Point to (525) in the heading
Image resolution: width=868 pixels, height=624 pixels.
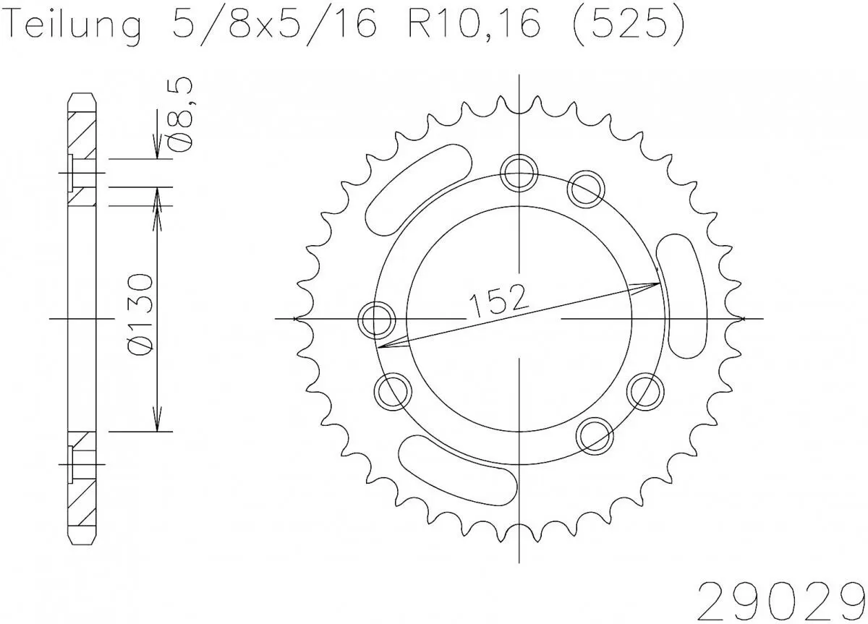coord(622,27)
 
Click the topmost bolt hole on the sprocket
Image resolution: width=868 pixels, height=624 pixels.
coord(520,172)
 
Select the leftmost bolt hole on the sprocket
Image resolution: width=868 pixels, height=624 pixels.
coord(377,318)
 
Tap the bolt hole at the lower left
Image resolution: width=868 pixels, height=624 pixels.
coord(393,390)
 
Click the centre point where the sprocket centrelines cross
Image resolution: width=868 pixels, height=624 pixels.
coord(521,318)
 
